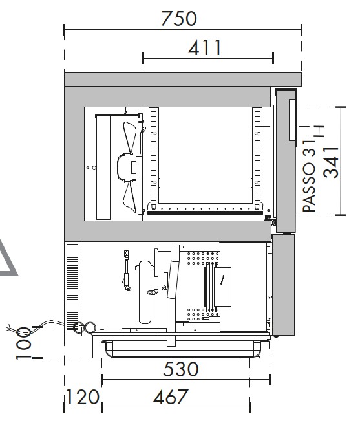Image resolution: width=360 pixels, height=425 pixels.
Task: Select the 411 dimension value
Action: tap(205, 48)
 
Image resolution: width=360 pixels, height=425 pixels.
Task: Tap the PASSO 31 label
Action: tap(309, 175)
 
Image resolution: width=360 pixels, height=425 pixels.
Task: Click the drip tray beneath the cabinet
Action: tap(181, 349)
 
